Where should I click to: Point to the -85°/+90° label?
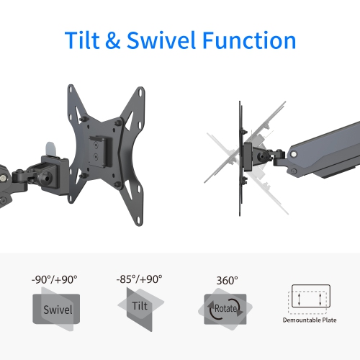pyautogui.click(x=139, y=279)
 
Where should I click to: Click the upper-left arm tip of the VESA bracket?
pyautogui.click(x=73, y=90)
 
